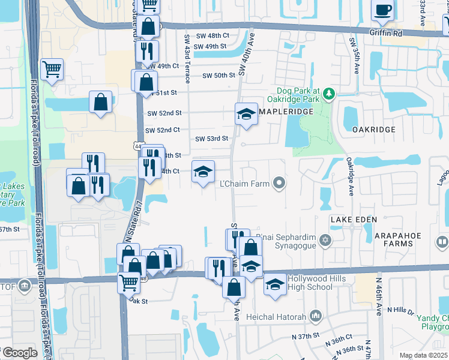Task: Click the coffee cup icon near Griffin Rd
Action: (x=383, y=10)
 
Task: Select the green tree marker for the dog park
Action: (x=328, y=94)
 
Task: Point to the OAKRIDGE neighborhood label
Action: (x=373, y=130)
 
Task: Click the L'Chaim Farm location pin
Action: (x=279, y=183)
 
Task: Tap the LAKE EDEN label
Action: (x=354, y=220)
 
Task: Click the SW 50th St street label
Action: (x=218, y=76)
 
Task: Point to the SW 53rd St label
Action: (x=212, y=139)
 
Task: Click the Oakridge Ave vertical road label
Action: (x=349, y=176)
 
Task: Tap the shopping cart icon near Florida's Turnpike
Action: (x=52, y=70)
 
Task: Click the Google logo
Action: (x=19, y=353)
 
